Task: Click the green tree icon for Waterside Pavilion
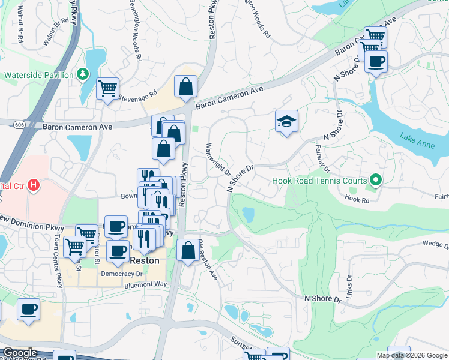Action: click(x=83, y=74)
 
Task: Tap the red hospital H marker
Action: click(x=34, y=185)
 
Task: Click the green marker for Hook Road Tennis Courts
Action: click(x=376, y=179)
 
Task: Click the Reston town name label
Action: click(x=145, y=260)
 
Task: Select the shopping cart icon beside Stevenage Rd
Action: click(x=107, y=89)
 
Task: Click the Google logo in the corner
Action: click(x=20, y=353)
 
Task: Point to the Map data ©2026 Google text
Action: click(x=412, y=355)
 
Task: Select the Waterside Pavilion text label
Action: click(x=38, y=75)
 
